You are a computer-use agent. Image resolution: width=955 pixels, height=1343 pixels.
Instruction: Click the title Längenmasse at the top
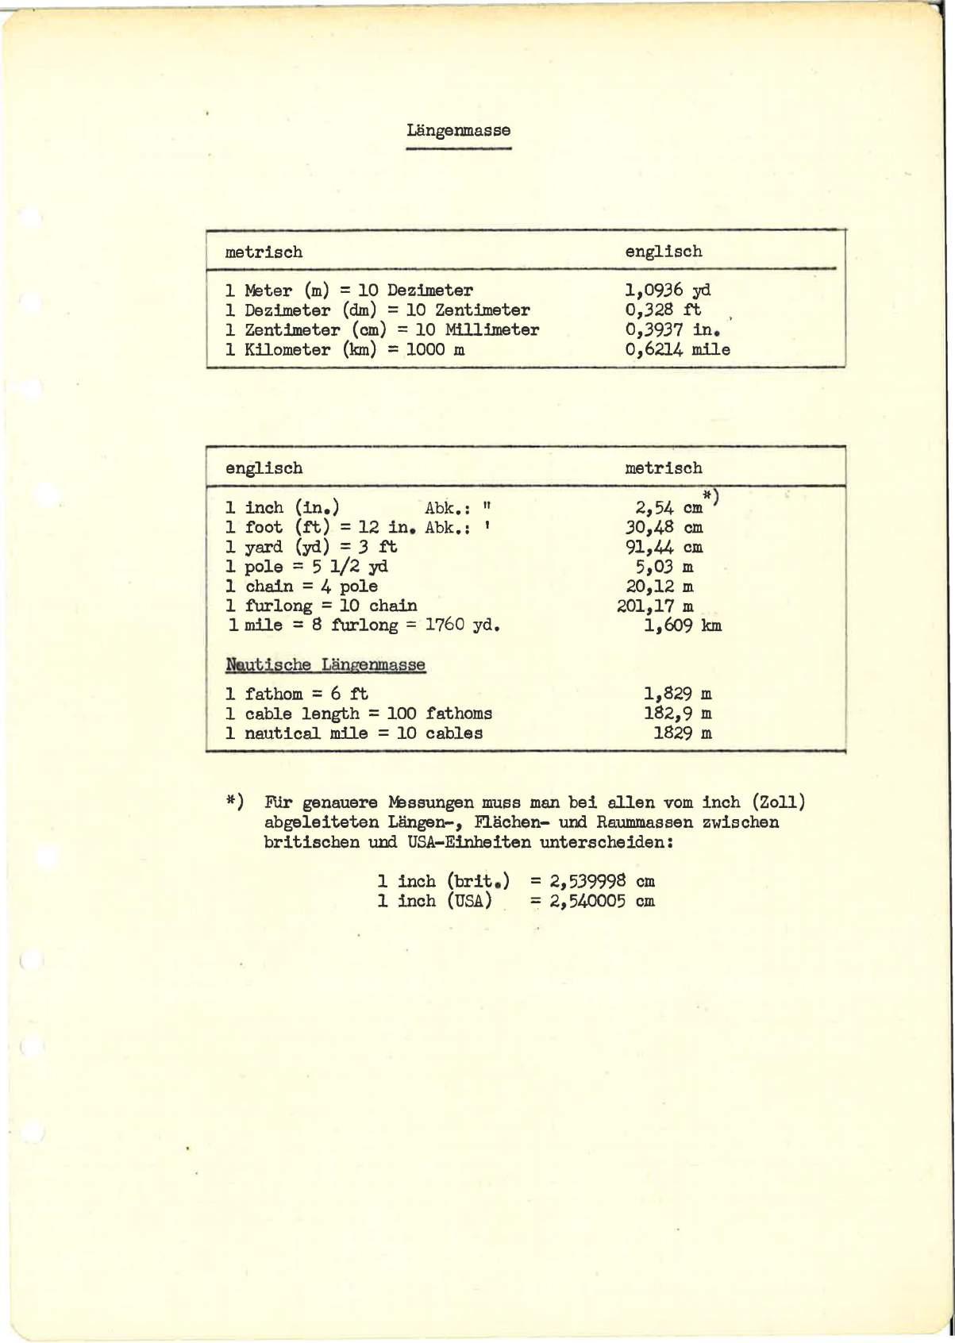click(458, 130)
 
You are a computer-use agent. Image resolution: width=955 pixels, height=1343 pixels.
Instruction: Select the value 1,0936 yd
click(667, 291)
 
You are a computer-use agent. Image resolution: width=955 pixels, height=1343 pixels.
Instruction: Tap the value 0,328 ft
click(663, 310)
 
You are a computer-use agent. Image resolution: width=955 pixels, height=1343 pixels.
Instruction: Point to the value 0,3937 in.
click(672, 330)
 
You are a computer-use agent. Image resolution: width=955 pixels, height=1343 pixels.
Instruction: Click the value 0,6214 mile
click(677, 350)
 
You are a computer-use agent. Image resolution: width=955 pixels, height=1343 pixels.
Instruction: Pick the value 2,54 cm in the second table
click(668, 508)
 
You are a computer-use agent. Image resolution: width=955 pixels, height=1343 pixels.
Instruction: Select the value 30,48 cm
click(664, 528)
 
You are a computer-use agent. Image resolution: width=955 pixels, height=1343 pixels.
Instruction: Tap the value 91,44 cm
click(664, 548)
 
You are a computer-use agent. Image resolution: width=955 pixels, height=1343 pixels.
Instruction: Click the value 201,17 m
click(654, 606)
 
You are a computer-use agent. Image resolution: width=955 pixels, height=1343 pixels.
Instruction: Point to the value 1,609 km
click(682, 626)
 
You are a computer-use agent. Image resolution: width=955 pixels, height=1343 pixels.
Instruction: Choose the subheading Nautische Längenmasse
click(325, 665)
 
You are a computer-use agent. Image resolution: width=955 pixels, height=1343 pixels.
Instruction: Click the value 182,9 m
click(677, 714)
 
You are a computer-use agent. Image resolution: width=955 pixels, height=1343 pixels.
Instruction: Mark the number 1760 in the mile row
click(445, 625)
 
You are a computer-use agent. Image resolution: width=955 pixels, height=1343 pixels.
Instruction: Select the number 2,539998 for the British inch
click(587, 882)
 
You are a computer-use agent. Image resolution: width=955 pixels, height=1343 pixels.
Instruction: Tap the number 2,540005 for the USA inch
click(587, 902)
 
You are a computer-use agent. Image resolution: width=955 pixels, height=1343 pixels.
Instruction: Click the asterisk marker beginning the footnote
click(233, 802)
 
